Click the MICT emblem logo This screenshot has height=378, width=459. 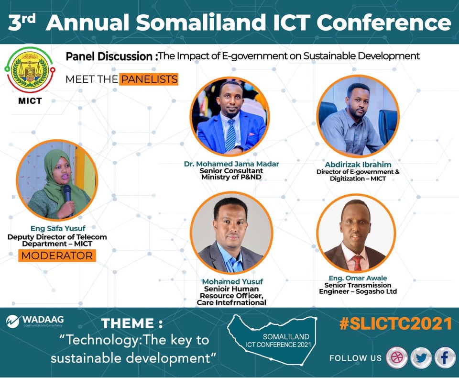click(30, 70)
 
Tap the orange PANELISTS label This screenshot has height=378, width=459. click(149, 79)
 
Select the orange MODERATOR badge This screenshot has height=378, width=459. click(57, 256)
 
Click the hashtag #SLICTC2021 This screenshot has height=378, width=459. click(396, 324)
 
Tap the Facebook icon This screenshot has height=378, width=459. click(445, 357)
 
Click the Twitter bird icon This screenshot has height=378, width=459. click(421, 357)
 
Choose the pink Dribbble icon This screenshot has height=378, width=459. click(397, 357)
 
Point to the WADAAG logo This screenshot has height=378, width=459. click(34, 321)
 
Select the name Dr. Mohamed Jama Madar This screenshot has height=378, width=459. click(231, 164)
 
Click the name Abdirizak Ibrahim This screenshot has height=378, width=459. click(358, 165)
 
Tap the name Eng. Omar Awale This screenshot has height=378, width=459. click(358, 278)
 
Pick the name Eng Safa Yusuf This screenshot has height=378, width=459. click(58, 228)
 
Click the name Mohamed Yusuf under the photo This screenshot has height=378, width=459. click(232, 282)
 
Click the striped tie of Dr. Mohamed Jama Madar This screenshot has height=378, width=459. click(230, 135)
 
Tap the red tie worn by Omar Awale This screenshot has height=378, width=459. click(357, 263)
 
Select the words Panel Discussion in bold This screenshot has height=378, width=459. click(109, 56)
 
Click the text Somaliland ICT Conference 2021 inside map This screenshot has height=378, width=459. click(279, 341)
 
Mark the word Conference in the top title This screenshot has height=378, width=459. click(384, 22)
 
